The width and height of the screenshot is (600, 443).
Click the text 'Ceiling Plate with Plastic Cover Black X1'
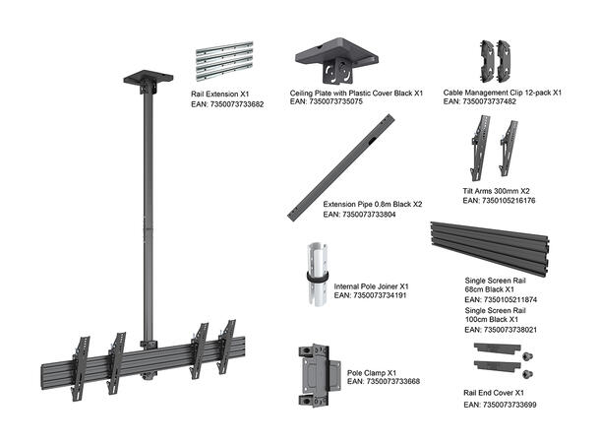356,93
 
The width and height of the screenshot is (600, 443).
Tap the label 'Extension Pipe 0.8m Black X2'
373,205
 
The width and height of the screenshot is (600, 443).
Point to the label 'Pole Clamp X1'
372,373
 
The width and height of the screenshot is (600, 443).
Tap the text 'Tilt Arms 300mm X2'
499,190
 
